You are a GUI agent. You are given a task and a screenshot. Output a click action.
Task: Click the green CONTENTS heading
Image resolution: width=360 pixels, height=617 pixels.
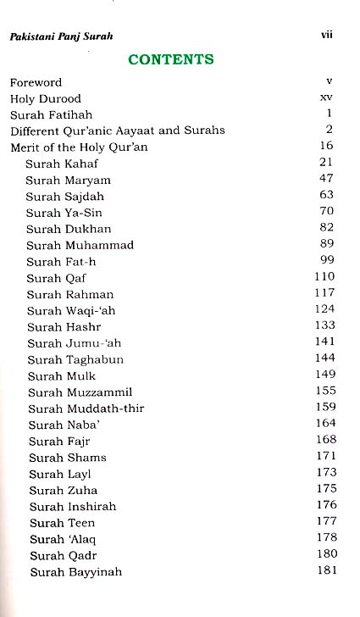click(170, 59)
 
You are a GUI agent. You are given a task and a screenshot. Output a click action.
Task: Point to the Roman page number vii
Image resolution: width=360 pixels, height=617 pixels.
click(326, 36)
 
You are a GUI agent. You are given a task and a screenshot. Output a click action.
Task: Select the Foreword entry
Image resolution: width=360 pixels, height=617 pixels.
click(36, 83)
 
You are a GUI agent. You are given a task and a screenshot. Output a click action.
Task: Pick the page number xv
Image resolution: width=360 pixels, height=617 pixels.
click(326, 98)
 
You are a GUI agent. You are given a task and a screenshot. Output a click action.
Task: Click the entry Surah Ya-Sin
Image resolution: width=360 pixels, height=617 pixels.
click(65, 213)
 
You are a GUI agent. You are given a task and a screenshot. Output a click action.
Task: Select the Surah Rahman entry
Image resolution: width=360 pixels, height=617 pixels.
click(69, 294)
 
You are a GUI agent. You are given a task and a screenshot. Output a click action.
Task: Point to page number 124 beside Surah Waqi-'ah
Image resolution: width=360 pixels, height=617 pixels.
click(325, 310)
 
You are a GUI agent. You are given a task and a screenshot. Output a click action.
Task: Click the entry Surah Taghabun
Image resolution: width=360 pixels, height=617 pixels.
click(74, 359)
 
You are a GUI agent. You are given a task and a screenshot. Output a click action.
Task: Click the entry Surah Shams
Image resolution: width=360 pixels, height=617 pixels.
click(67, 458)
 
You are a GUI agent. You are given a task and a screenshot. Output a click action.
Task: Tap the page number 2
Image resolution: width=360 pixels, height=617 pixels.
click(330, 131)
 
